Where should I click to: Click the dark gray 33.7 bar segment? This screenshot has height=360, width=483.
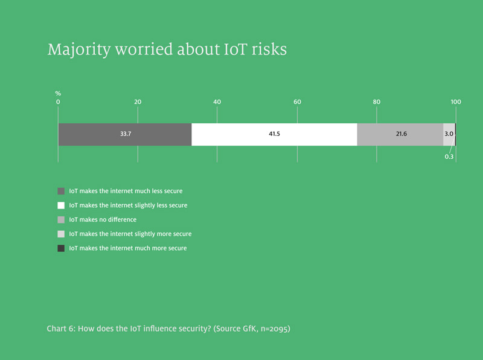click(x=125, y=134)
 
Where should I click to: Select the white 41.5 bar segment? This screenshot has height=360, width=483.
click(x=275, y=134)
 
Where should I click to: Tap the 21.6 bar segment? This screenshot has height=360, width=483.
click(x=400, y=134)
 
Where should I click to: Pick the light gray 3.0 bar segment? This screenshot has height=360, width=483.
click(x=449, y=134)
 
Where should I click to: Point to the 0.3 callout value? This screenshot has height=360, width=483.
click(x=449, y=156)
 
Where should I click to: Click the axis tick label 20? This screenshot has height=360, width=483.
click(x=138, y=101)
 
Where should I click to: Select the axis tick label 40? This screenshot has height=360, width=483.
click(x=217, y=101)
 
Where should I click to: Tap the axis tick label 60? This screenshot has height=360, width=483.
click(x=297, y=101)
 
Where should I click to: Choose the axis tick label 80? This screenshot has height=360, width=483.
click(x=376, y=101)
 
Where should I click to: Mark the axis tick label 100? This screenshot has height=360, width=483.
click(x=456, y=101)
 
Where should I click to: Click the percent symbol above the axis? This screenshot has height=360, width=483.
click(x=58, y=94)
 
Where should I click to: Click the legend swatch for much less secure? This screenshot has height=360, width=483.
click(x=61, y=191)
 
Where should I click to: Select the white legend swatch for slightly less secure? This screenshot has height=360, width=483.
click(x=61, y=205)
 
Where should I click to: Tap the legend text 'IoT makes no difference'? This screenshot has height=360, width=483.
click(x=103, y=219)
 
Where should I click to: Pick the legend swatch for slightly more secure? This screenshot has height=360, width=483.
click(x=61, y=234)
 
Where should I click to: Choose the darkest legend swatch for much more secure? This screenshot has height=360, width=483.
click(x=61, y=248)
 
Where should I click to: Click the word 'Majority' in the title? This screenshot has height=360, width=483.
click(x=79, y=50)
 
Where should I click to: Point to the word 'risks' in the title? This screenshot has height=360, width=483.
click(x=269, y=50)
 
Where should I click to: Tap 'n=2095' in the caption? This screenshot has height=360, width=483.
click(x=275, y=329)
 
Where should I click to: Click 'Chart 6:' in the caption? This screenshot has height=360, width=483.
click(x=61, y=329)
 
